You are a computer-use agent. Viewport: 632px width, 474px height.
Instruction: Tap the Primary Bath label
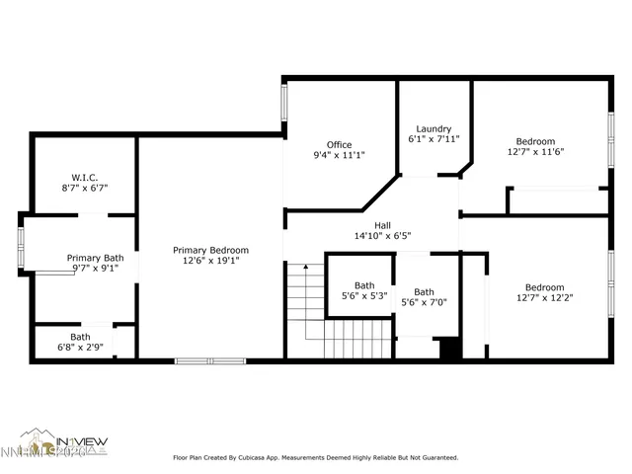96,258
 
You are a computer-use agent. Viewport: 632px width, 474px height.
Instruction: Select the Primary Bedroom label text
210,250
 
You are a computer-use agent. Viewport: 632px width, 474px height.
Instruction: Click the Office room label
339,144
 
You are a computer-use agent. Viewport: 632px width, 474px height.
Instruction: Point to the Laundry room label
434,128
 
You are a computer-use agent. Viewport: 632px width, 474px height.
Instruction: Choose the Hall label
381,225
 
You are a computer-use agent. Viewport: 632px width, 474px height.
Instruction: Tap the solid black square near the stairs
449,348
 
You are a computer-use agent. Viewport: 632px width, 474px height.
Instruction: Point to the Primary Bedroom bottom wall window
209,360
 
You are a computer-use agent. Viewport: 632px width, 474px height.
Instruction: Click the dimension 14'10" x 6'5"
381,236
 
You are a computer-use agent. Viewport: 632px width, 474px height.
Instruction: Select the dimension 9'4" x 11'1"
339,155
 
